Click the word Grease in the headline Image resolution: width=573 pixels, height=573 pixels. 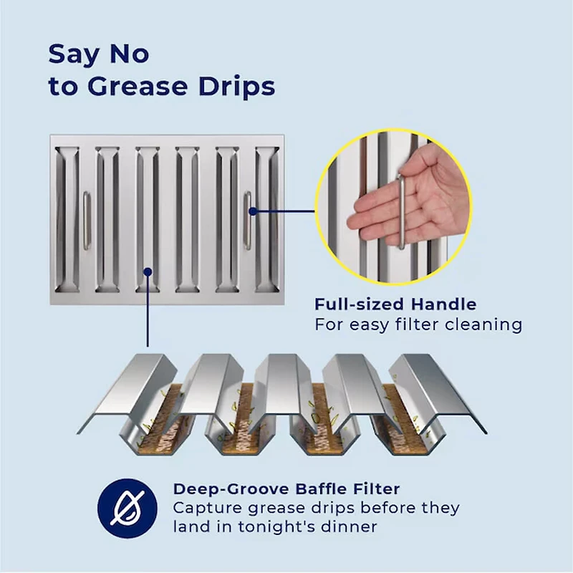tap(138, 87)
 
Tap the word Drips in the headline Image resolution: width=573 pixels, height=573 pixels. tap(237, 87)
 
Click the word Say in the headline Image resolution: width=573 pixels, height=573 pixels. tap(74, 55)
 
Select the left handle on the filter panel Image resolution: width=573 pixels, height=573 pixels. tap(87, 221)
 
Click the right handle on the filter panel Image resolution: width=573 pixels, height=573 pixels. tap(248, 221)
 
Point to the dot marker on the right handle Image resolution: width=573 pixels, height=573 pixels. tap(253, 211)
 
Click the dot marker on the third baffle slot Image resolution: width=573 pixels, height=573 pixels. tap(148, 272)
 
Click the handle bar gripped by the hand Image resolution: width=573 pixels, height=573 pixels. tap(402, 212)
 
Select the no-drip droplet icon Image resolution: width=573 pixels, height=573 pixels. tap(127, 509)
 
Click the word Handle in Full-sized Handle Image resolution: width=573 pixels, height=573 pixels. tap(443, 304)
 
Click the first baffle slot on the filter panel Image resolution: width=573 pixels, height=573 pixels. tap(67, 220)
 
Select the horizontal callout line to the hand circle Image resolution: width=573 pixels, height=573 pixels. tap(284, 211)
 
